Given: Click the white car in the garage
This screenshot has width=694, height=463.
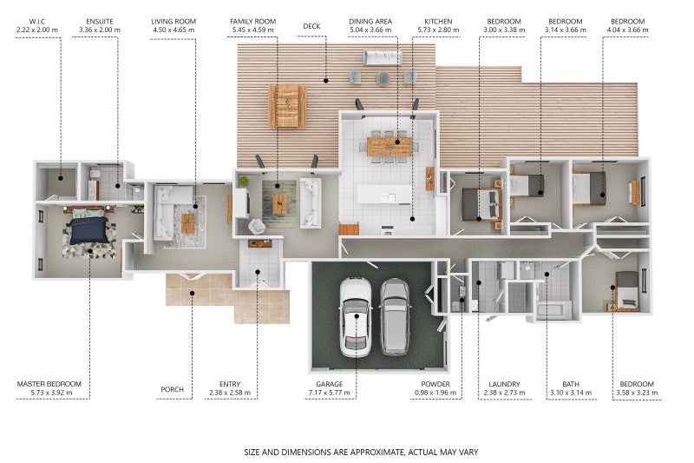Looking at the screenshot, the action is tap(355, 317).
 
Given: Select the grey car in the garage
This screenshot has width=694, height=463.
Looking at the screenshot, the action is tap(396, 317).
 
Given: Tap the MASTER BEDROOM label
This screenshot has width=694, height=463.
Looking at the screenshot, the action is tap(49, 384).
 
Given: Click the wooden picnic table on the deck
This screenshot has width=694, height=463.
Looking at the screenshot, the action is tap(287, 106).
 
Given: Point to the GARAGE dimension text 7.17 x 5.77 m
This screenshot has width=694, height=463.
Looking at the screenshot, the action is tap(330, 393).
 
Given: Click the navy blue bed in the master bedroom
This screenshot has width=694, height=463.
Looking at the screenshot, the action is tap(88, 229).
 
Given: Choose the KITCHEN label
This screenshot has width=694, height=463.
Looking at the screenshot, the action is tap(438, 21).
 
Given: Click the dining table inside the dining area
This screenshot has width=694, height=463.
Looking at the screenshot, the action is tap(390, 146).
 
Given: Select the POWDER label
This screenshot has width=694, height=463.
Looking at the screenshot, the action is tap(435, 384).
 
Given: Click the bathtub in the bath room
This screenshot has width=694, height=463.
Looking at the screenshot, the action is tap(553, 310).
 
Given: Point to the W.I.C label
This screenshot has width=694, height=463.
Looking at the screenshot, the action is tap(37, 21).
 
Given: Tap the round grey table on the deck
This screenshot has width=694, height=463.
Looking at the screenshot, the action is tap(383, 78).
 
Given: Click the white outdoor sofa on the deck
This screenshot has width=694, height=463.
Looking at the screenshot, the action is tap(383, 57).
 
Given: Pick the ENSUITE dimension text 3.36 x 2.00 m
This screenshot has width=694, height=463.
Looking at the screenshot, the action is tap(100, 30).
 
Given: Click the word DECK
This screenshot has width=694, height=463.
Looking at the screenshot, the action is tap(311, 27).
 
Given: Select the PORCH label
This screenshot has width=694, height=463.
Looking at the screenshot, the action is tap(172, 389).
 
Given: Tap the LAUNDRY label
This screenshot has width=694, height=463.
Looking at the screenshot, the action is tap(504, 384).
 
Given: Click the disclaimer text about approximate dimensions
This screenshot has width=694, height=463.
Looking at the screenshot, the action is tap(361, 453).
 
